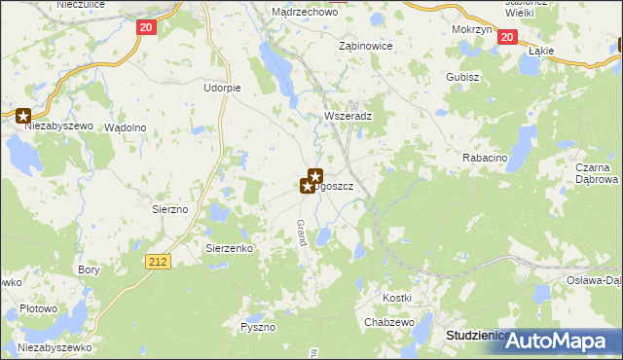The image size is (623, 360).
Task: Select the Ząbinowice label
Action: (x=365, y=46)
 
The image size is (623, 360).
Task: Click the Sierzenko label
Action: (x=229, y=248)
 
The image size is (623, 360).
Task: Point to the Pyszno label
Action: (x=259, y=328)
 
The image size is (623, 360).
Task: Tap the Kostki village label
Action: (x=397, y=297)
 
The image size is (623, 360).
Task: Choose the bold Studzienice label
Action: (x=477, y=335)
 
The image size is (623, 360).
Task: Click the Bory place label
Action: (x=89, y=270)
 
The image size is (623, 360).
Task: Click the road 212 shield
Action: (x=160, y=261)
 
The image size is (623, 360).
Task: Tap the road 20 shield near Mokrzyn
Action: (x=506, y=37)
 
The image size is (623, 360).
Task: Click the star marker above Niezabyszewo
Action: (x=24, y=115)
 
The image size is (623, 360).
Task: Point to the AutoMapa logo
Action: (x=563, y=341)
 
